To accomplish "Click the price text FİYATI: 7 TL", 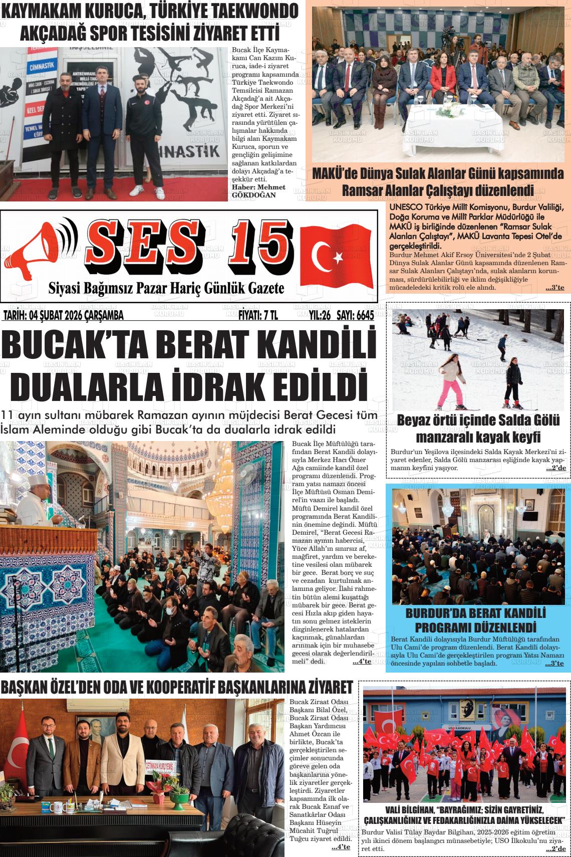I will pos(258,315).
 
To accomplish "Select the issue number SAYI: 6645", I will pos(355,315).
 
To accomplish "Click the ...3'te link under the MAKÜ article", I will pos(554,288).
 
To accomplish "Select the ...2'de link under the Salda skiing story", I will pos(555,468).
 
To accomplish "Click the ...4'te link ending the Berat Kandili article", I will pos(362,662).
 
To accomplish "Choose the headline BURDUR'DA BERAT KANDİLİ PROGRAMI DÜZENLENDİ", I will pos(475,620).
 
